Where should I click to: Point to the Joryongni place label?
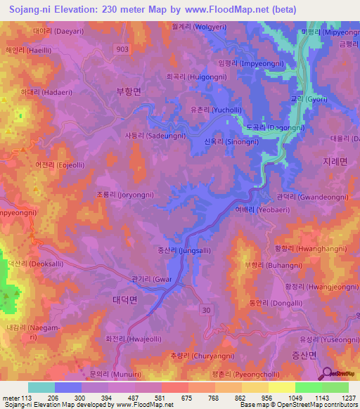125,194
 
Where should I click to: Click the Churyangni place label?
192,356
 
